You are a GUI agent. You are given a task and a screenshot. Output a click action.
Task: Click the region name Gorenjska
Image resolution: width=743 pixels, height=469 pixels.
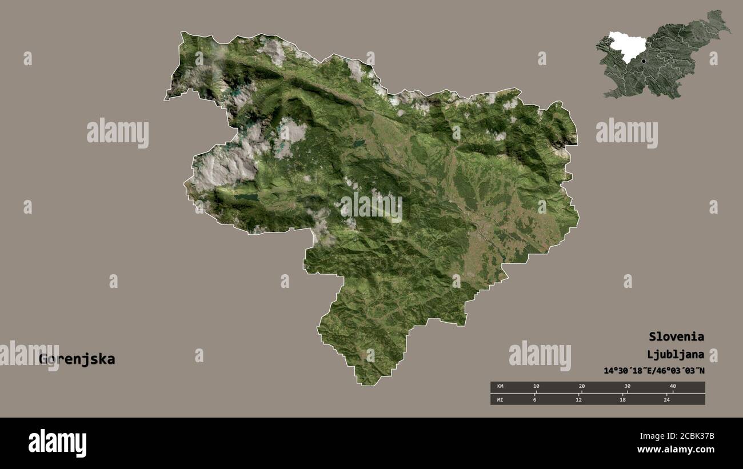tap(77, 359)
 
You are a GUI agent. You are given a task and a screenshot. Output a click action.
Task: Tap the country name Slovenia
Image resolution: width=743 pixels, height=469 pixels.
tap(676, 336)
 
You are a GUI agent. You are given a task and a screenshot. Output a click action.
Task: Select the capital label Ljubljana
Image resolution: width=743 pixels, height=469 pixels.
tap(676, 354)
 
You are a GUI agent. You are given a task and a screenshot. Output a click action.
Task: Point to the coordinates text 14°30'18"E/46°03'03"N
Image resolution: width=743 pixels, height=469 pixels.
tap(654, 371)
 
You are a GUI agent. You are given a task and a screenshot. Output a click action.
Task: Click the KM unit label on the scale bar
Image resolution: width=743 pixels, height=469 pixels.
tap(500, 387)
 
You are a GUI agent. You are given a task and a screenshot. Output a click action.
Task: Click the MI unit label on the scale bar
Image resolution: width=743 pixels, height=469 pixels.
tap(500, 399)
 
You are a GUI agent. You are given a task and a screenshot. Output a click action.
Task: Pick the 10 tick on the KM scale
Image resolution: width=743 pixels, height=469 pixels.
tap(536, 387)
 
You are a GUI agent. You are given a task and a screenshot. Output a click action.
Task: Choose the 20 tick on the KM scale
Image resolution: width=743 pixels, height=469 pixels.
tap(581, 387)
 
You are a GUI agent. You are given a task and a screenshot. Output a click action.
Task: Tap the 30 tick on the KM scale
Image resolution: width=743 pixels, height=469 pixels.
tap(627, 387)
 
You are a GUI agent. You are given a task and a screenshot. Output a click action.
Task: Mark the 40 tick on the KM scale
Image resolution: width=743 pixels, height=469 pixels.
tap(673, 387)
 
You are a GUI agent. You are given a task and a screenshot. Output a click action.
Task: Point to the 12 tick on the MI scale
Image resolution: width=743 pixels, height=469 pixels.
tap(578, 399)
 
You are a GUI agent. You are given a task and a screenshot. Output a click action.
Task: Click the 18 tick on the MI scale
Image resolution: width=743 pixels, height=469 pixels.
tap(622, 399)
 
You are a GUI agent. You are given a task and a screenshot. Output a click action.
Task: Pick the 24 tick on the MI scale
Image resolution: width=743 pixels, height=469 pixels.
tap(666, 399)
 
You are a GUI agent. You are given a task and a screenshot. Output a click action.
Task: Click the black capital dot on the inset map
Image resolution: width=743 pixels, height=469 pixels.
tap(643, 61)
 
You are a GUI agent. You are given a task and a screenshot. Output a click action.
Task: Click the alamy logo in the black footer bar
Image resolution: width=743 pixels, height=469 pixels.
tap(57, 443)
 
